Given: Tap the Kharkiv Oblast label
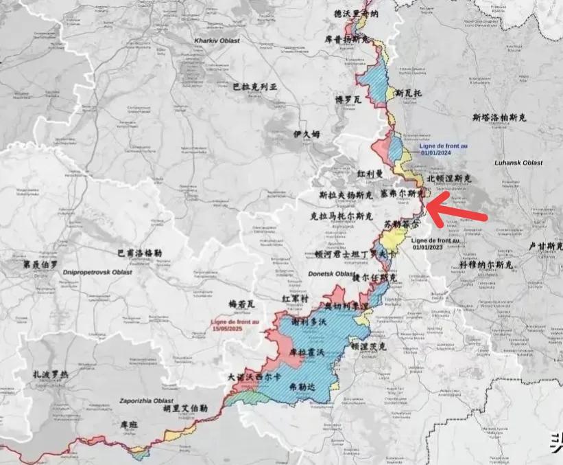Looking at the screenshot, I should pyautogui.click(x=218, y=41).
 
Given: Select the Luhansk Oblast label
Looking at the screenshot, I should pyautogui.click(x=518, y=163).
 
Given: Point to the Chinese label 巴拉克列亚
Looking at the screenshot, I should pyautogui.click(x=254, y=87).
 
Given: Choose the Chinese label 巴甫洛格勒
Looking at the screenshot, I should pyautogui.click(x=139, y=252).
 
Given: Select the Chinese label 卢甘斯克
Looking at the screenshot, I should pyautogui.click(x=544, y=245).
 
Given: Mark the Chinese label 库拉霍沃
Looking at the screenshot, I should pyautogui.click(x=305, y=351).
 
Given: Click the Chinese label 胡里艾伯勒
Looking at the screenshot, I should pyautogui.click(x=185, y=407).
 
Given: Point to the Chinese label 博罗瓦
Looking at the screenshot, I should pyautogui.click(x=348, y=100).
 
